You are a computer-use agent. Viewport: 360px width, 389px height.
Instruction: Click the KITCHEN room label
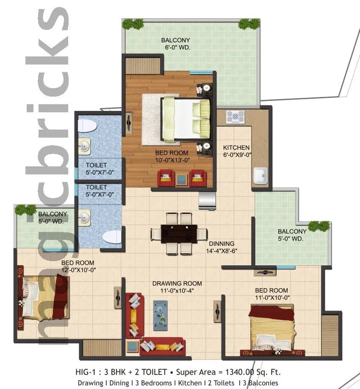point(236,148)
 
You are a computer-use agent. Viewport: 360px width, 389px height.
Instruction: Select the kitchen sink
point(260,174)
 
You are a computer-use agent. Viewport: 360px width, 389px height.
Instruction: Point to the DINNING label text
point(221,243)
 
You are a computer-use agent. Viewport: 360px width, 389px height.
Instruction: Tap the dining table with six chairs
point(179,233)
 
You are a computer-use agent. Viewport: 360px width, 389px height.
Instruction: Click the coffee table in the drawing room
point(160,312)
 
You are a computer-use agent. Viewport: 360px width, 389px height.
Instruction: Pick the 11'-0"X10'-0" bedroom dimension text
point(271,298)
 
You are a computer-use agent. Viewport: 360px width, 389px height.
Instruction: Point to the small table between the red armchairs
point(182,178)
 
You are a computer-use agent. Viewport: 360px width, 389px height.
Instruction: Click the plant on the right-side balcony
point(318,226)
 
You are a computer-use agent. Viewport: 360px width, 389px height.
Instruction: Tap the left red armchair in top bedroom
point(166,178)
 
